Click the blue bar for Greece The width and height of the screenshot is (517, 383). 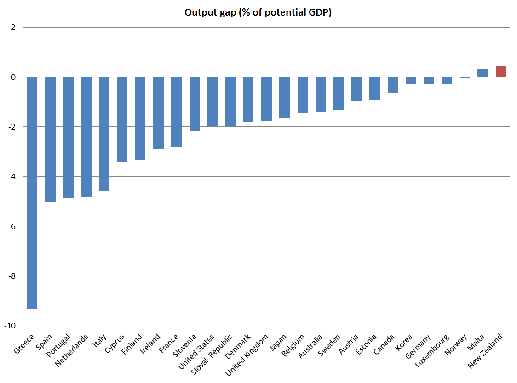[x=32, y=192]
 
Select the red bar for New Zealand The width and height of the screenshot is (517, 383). [x=501, y=71]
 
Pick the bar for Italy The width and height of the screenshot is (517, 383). [x=104, y=133]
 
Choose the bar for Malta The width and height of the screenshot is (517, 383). [x=483, y=73]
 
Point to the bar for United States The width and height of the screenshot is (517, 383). [x=213, y=101]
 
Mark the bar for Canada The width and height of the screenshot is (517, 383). [x=393, y=85]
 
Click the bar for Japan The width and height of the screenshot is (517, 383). [x=285, y=97]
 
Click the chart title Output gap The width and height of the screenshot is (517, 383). [x=258, y=12]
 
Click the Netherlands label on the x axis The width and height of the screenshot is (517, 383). [x=72, y=351]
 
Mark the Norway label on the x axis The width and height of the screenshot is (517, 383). [x=457, y=345]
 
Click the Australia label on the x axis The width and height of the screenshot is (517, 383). [x=313, y=348]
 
